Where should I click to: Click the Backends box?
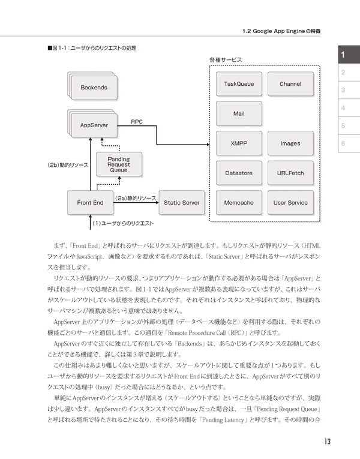coord(94,87)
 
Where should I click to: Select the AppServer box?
coord(94,125)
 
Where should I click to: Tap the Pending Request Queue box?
coord(119,164)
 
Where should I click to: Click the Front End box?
coord(90,203)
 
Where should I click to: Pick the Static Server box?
coord(182,203)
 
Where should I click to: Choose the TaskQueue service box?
coord(239,84)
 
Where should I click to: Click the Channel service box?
coord(290,84)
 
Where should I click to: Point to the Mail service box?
coord(239,113)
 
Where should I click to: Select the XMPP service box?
coord(239,143)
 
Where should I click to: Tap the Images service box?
coord(290,143)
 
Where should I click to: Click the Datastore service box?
coord(239,173)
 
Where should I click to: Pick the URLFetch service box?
coord(290,173)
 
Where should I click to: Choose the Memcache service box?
coord(239,203)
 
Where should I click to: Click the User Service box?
coord(290,203)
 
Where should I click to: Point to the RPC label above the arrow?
coord(137,122)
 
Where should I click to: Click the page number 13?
coord(327,442)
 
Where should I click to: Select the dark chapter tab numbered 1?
coord(349,55)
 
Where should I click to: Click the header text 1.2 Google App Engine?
coord(274,31)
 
